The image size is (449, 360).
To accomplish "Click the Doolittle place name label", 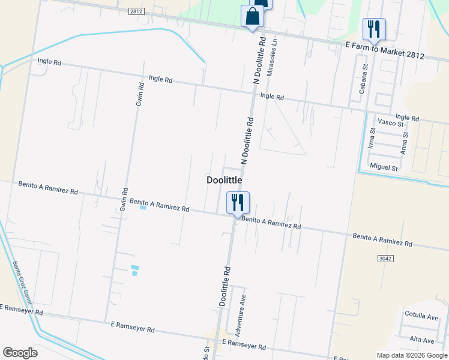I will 224,180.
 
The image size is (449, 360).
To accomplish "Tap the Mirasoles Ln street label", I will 274,61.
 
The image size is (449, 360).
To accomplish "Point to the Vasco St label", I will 391,123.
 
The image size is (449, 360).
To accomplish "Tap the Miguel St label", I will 384,167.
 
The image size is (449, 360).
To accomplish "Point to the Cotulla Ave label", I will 421,316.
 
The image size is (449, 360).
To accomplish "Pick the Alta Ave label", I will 423,340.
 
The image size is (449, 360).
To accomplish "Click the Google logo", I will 20,353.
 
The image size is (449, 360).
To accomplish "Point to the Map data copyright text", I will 412,355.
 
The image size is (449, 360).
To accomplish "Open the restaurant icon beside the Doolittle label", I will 238,202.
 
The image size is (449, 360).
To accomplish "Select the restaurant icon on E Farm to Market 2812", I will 374,29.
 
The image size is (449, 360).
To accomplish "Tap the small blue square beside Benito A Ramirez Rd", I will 143,208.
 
